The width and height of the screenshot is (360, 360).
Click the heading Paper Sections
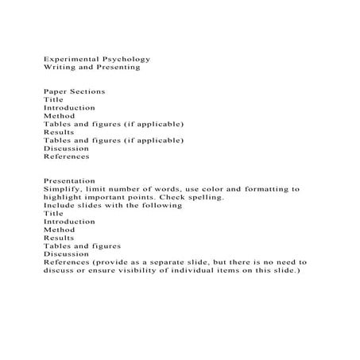pos(74,91)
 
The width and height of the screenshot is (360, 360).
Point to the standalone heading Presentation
pos(69,180)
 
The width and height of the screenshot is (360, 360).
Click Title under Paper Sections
pos(53,99)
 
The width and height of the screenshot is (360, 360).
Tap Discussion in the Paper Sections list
pos(66,148)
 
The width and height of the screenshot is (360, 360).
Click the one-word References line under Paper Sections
pos(67,156)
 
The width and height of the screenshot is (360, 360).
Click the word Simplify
pos(63,189)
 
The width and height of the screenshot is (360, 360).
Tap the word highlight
pos(64,197)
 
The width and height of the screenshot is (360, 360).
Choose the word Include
pos(59,205)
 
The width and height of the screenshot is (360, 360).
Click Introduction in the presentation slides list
pos(69,221)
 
